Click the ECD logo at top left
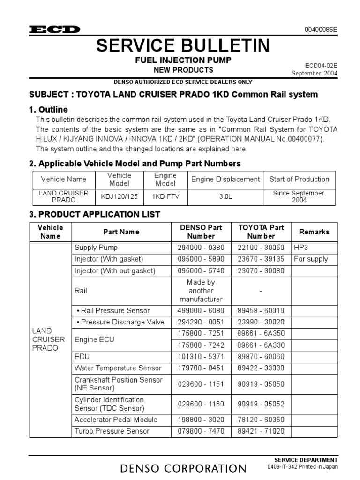[x=55, y=30]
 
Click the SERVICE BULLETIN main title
[x=183, y=45]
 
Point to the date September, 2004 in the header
[x=314, y=73]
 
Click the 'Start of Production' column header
[x=299, y=179]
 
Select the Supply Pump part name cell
[x=96, y=247]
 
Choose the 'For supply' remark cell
[x=311, y=259]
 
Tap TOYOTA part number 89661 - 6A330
[x=261, y=345]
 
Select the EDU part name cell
[x=82, y=356]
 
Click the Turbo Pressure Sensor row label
[x=112, y=431]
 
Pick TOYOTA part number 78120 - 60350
[x=261, y=420]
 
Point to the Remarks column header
[x=314, y=232]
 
